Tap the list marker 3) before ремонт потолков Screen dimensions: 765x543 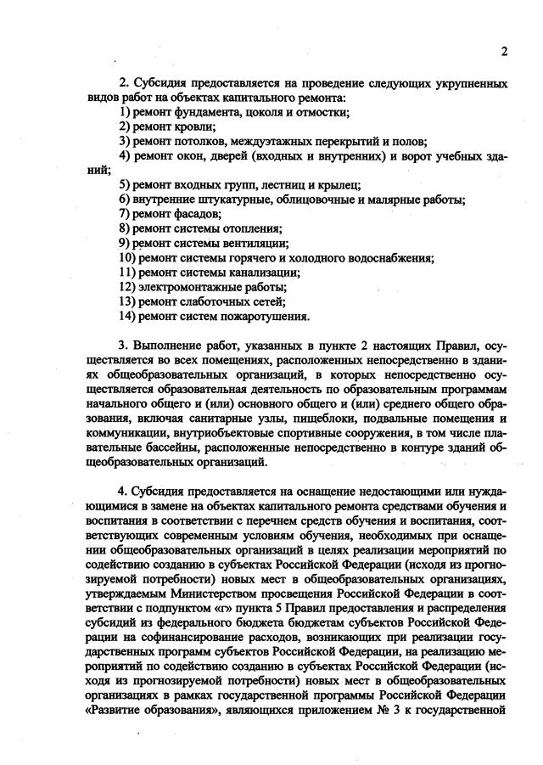click(125, 141)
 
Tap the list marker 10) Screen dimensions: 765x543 click(128, 257)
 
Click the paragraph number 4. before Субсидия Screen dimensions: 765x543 click(124, 492)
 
